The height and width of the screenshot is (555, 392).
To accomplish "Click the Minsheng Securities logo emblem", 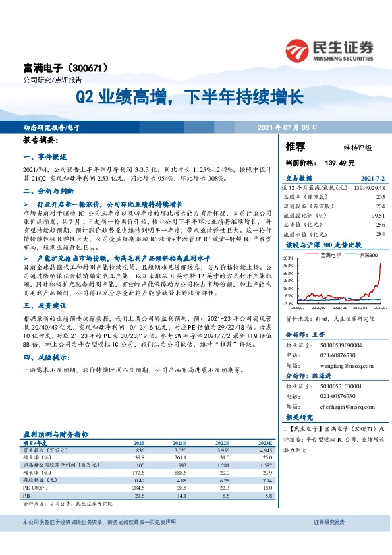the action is [x=298, y=49].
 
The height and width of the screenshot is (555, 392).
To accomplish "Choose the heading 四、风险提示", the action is [x=43, y=358].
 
